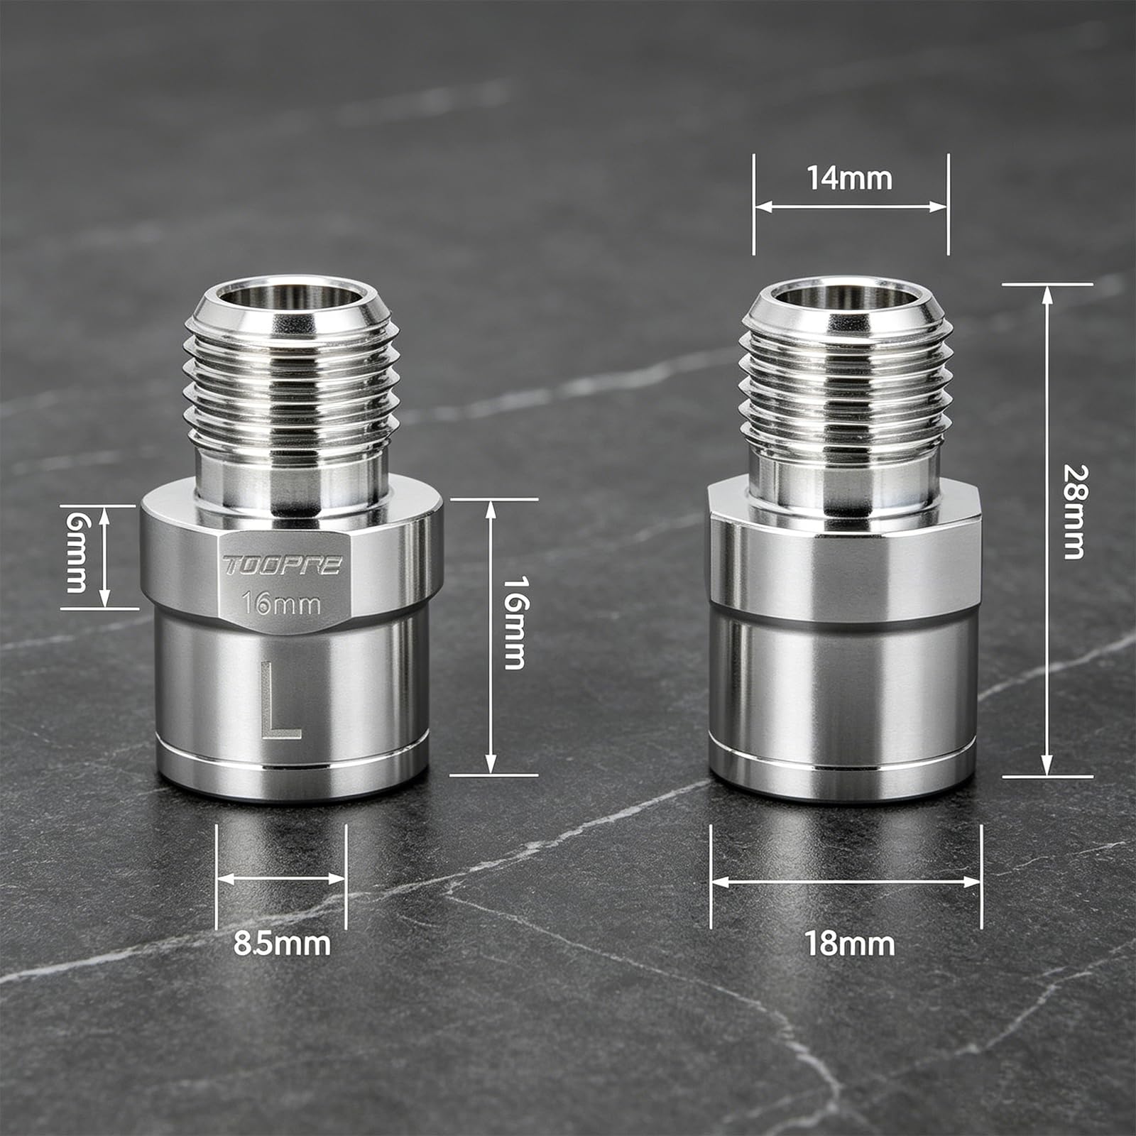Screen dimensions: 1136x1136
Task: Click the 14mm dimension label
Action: tap(849, 177)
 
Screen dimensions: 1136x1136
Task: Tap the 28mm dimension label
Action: tap(1073, 512)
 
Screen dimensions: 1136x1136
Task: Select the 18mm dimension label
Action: tap(849, 944)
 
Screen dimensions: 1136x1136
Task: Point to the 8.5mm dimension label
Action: tap(282, 944)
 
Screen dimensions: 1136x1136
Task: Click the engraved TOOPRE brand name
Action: tap(283, 565)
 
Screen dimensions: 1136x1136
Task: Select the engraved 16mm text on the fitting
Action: tap(281, 604)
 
